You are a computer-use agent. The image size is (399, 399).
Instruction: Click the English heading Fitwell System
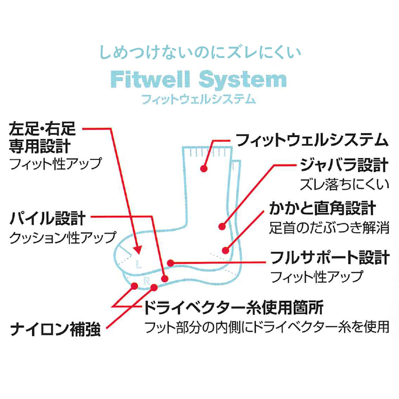199,80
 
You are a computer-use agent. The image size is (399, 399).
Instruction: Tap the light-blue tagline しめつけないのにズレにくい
200,53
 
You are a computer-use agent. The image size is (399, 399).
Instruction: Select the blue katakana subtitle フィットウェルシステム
199,99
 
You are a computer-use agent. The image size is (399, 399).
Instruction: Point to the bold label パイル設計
48,218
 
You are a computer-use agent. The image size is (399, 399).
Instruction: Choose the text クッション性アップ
63,237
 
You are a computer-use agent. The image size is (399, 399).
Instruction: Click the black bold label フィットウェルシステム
312,140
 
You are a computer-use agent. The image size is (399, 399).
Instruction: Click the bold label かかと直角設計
322,208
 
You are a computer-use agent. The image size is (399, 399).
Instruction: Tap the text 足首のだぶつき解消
329,228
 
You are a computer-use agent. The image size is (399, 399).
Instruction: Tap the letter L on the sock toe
139,265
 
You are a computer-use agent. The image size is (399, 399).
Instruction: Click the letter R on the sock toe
146,281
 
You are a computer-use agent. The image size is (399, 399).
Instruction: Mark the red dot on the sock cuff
204,169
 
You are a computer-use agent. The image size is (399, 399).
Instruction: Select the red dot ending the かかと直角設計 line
225,250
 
